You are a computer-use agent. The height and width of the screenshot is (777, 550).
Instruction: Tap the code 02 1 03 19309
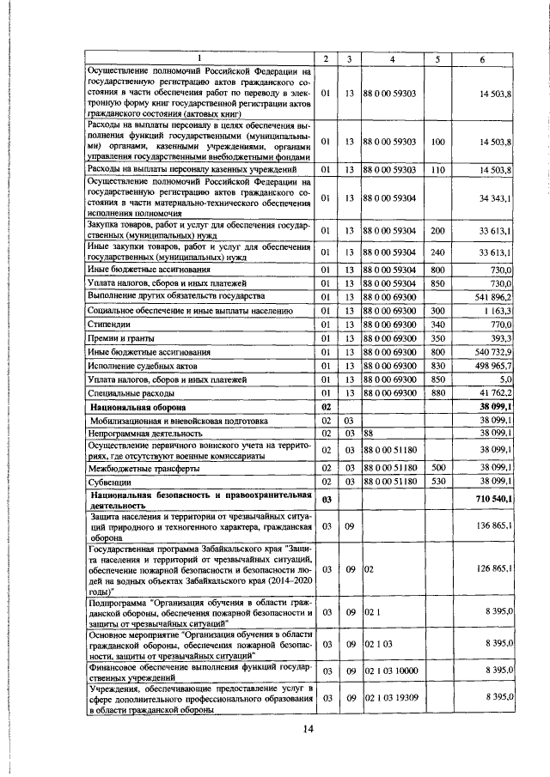(x=391, y=698)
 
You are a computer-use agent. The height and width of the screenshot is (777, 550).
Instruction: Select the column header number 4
(x=392, y=58)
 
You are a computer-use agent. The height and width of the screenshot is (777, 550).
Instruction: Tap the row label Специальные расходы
(x=127, y=393)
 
